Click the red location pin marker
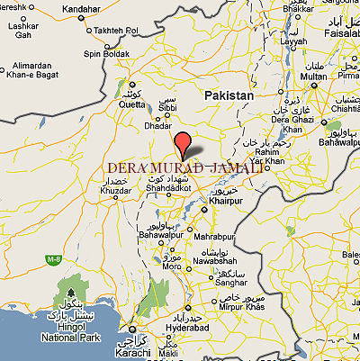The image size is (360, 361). coord(183,144)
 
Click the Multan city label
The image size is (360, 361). coord(313,77)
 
